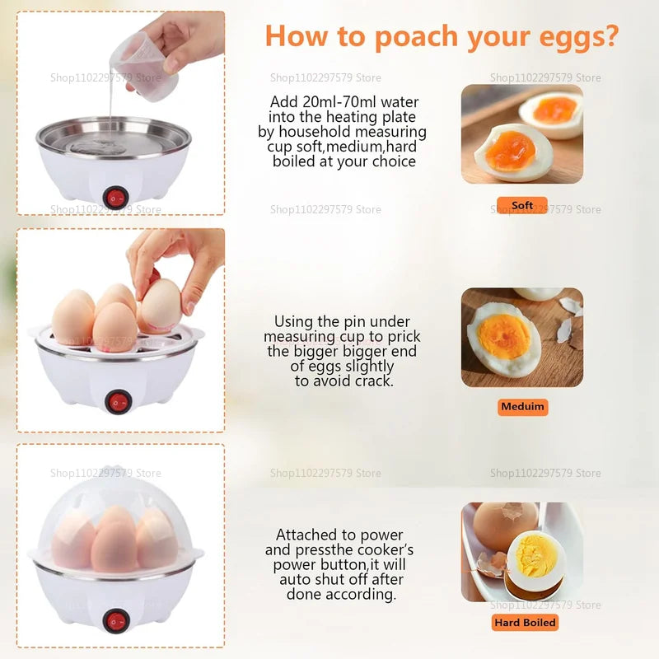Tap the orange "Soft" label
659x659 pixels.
click(x=522, y=206)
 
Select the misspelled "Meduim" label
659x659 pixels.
click(x=523, y=407)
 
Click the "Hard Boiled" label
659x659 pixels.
click(x=526, y=623)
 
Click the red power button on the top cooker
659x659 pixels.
click(x=116, y=198)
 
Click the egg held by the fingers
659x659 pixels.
click(x=161, y=305)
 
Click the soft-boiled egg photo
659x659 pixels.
click(x=521, y=133)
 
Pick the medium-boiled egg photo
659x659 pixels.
click(x=521, y=337)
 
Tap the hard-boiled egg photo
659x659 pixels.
click(x=521, y=551)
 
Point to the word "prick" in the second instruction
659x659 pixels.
click(x=401, y=337)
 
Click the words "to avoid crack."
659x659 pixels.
click(x=344, y=381)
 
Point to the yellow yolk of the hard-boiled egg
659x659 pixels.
click(x=536, y=554)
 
